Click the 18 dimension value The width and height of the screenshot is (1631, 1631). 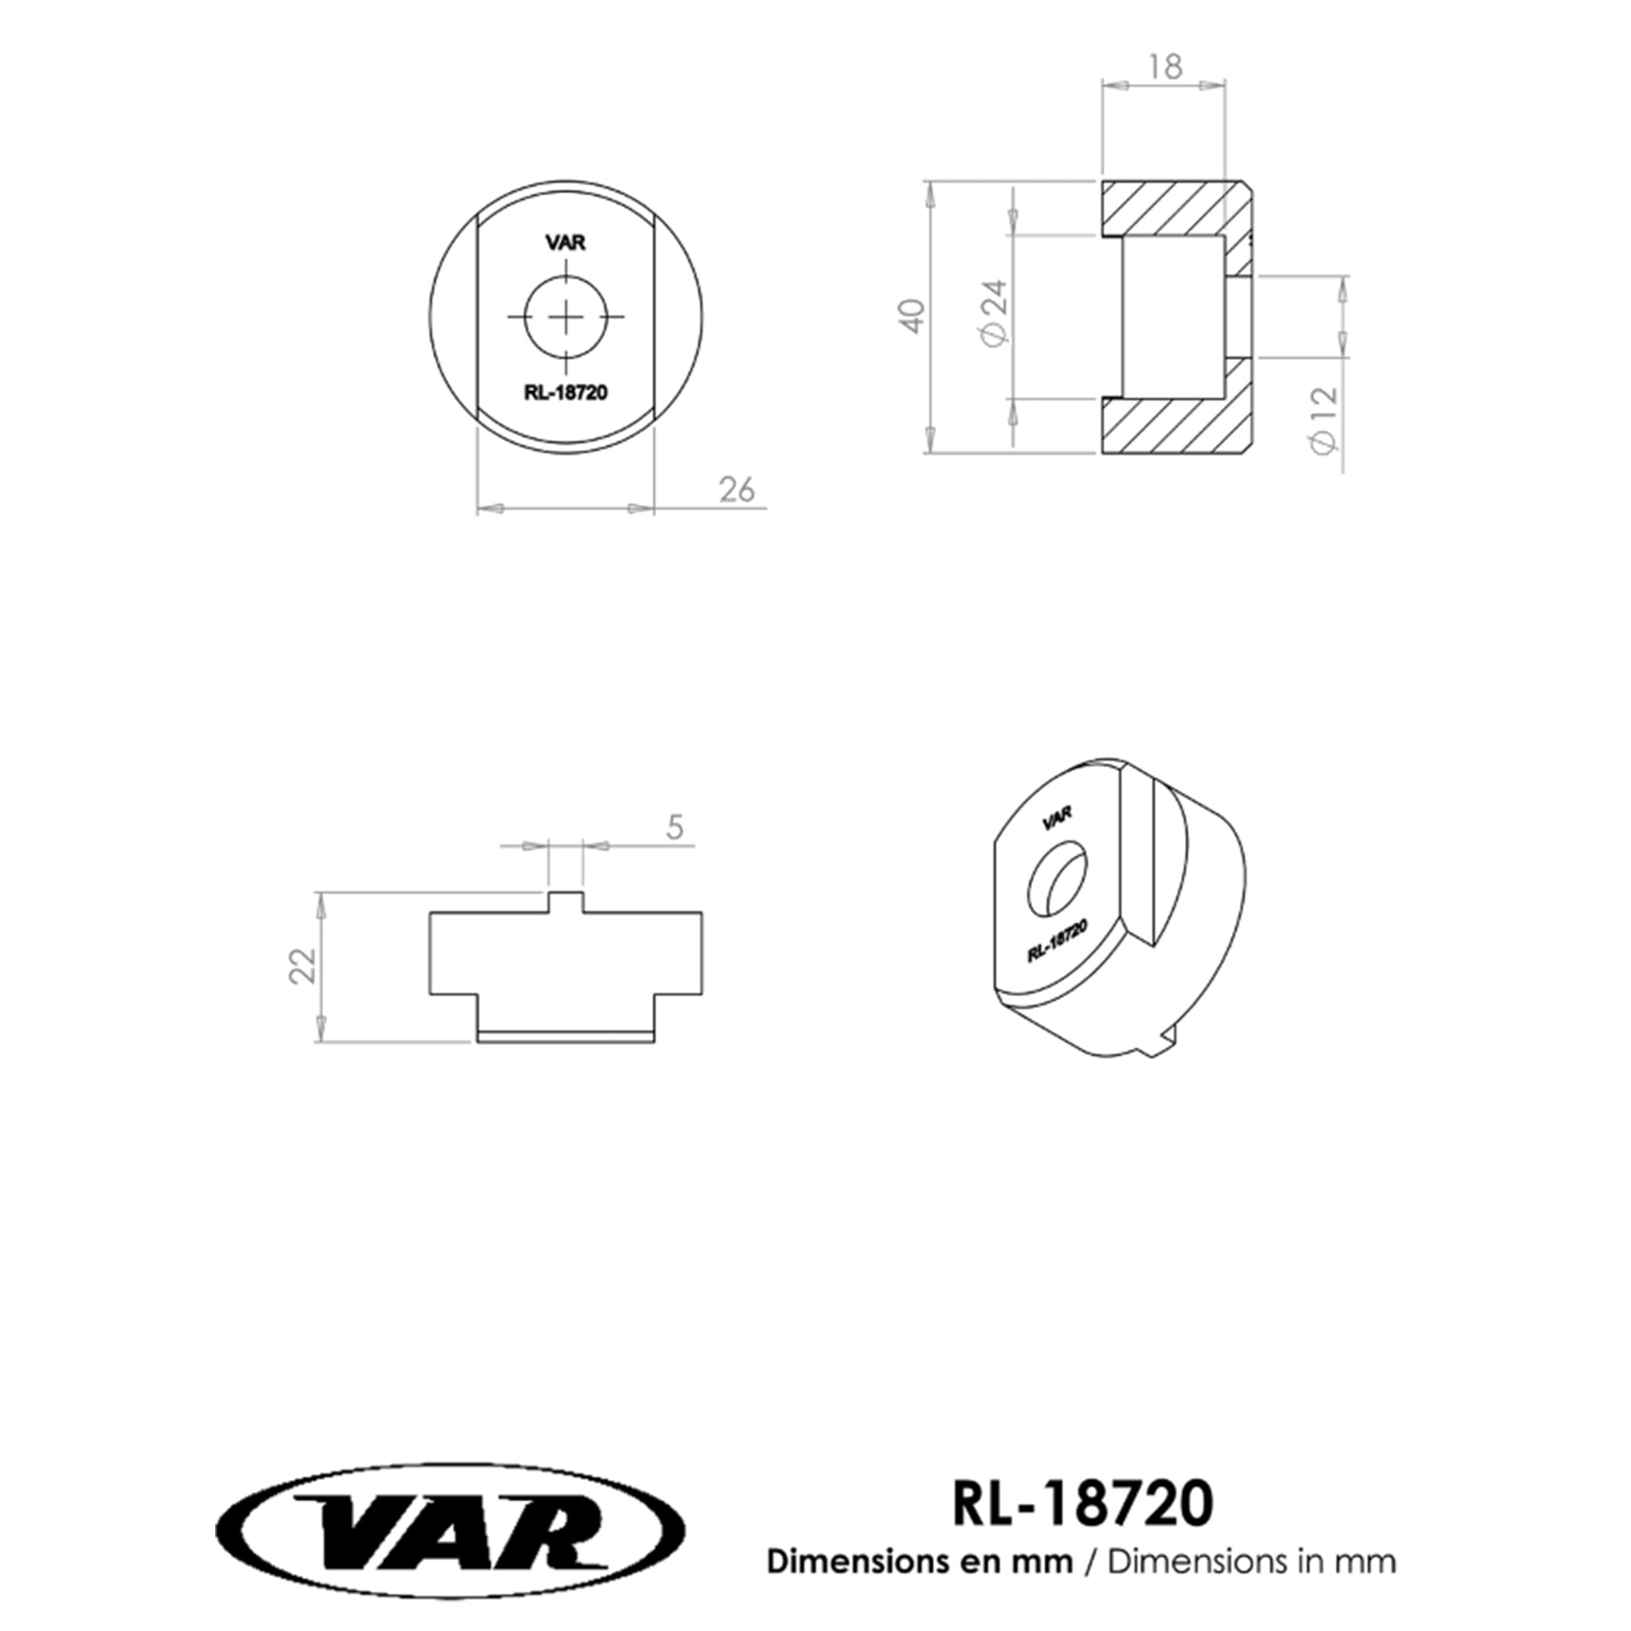click(x=1165, y=67)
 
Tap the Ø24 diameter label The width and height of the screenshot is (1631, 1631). click(x=995, y=313)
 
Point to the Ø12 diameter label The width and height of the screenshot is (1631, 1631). click(x=1325, y=420)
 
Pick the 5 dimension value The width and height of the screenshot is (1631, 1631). click(x=675, y=827)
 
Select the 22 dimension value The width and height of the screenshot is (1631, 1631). click(x=302, y=966)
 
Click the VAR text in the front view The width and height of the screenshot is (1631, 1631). click(x=565, y=243)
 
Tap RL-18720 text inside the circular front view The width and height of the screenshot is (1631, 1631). click(x=565, y=393)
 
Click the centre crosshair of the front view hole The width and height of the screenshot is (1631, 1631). click(x=565, y=317)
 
